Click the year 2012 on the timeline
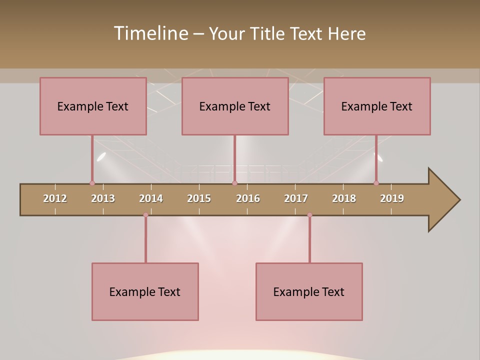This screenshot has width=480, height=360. [x=55, y=198]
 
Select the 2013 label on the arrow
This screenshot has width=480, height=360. [x=103, y=198]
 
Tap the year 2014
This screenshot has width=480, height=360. [x=151, y=198]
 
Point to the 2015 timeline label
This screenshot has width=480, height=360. [x=199, y=198]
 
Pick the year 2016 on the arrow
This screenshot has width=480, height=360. [x=248, y=198]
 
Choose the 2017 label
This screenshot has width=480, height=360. [x=296, y=198]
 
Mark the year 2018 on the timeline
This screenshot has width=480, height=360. [x=344, y=198]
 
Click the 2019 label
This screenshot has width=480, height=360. [x=392, y=198]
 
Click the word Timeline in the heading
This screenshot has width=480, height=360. [x=149, y=33]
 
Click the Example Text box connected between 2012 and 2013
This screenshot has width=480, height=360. [x=93, y=106]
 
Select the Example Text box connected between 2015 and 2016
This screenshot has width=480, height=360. [x=235, y=106]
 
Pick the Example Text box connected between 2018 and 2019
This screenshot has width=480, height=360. [x=377, y=106]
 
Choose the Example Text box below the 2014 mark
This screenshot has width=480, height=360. [x=145, y=291]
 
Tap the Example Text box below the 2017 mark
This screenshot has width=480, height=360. [x=309, y=291]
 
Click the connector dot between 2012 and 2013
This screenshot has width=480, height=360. [x=92, y=183]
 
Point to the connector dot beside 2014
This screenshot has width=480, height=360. [x=145, y=215]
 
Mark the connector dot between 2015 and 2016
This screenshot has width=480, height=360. [x=234, y=183]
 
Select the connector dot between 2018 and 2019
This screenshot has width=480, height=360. [x=376, y=183]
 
